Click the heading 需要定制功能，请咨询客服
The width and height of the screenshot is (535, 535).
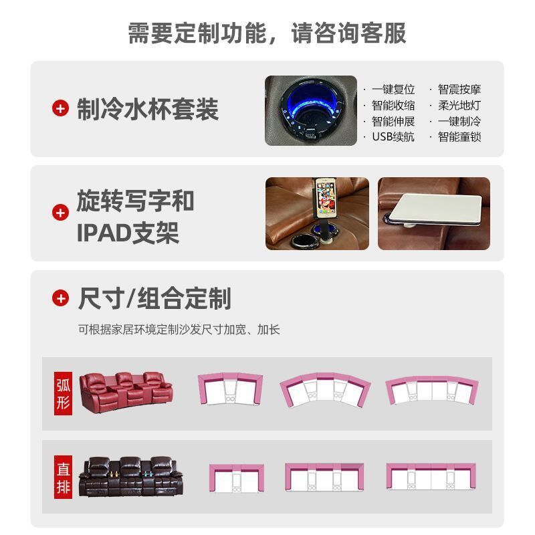coord(267,33)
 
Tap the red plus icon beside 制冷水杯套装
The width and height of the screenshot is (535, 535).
coord(61,108)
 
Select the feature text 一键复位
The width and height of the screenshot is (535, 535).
coord(393,89)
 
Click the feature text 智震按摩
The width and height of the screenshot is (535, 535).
coord(459,89)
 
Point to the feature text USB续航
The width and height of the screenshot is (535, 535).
coord(393,136)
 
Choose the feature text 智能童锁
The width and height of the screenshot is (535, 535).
coord(459,136)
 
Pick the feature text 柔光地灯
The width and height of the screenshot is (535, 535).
coord(459,105)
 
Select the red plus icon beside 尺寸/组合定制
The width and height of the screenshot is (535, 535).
coord(61,298)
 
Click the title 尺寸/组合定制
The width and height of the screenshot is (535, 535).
coord(154,298)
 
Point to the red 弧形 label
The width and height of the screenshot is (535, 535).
coord(63,393)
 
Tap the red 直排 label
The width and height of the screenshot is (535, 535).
coord(63,476)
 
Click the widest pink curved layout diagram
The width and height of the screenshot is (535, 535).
coord(433,392)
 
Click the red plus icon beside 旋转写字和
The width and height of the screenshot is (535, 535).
coord(61,213)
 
